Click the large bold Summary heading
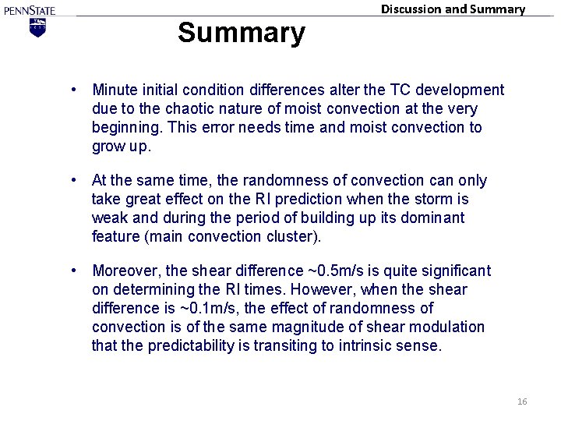click(x=241, y=34)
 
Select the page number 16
click(x=522, y=401)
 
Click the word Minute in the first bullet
click(x=115, y=90)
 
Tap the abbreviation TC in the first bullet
click(x=386, y=90)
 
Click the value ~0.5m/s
click(x=332, y=271)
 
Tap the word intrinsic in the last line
click(x=370, y=346)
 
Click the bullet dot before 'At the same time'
click(x=72, y=181)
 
